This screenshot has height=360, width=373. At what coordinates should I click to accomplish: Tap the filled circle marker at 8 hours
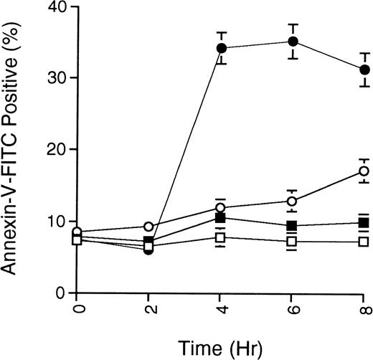[364, 70]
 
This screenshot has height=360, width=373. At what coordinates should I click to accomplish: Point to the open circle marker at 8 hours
[364, 171]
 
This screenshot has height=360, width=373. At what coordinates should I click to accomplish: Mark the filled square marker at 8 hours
[364, 223]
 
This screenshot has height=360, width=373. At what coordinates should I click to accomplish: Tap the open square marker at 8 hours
[364, 242]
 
